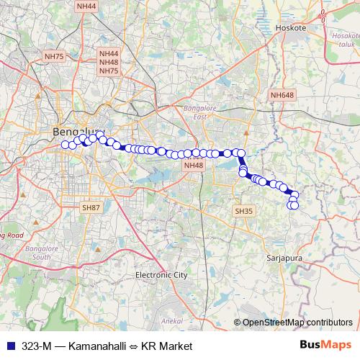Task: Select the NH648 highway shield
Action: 282,94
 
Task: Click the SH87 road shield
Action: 90,207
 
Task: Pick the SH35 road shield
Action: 243,211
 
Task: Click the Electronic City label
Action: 161,275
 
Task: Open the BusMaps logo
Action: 325,346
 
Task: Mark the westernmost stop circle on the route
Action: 66,145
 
